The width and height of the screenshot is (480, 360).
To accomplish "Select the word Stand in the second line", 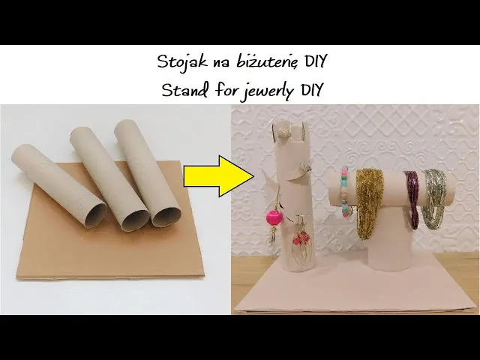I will [180, 90].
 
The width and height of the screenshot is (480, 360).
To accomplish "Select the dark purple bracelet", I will [411, 199].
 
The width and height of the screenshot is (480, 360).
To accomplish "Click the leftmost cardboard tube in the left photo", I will [60, 184].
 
